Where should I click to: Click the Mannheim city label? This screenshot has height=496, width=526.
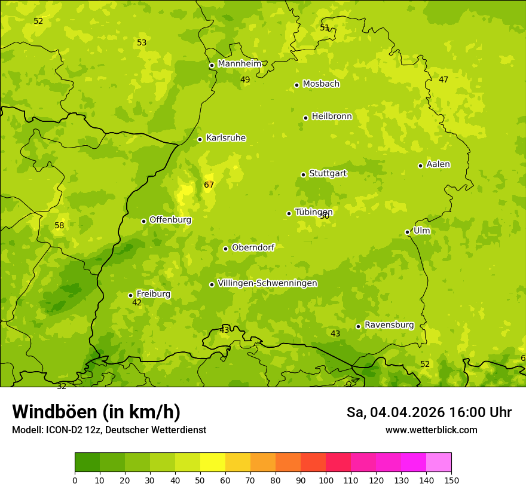click(x=239, y=63)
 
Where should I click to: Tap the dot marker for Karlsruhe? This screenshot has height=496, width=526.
click(x=200, y=139)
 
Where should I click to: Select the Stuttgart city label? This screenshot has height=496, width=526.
click(x=328, y=173)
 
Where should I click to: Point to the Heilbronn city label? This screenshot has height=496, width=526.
click(x=332, y=117)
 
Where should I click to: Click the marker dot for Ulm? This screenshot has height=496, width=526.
click(x=407, y=232)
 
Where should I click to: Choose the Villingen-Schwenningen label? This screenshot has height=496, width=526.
click(x=267, y=283)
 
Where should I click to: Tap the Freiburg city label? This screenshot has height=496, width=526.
click(x=153, y=294)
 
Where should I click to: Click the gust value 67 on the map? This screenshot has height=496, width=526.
click(x=209, y=185)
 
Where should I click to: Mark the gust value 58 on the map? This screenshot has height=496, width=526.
click(x=59, y=225)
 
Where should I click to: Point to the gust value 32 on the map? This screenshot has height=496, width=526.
click(x=62, y=387)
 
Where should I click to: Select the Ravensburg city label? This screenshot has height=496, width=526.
click(x=389, y=325)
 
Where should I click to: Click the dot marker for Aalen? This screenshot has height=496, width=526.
click(x=420, y=166)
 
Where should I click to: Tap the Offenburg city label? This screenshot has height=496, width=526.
click(x=170, y=220)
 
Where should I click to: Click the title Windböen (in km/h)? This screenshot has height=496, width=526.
click(x=96, y=412)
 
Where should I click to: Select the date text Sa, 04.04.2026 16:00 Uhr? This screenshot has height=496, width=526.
click(x=429, y=412)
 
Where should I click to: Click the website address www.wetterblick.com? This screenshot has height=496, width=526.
click(x=431, y=430)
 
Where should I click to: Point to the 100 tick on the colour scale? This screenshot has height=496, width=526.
click(x=326, y=480)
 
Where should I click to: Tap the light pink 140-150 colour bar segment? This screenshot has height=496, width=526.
click(x=439, y=463)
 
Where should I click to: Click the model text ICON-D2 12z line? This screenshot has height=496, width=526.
click(x=109, y=430)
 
